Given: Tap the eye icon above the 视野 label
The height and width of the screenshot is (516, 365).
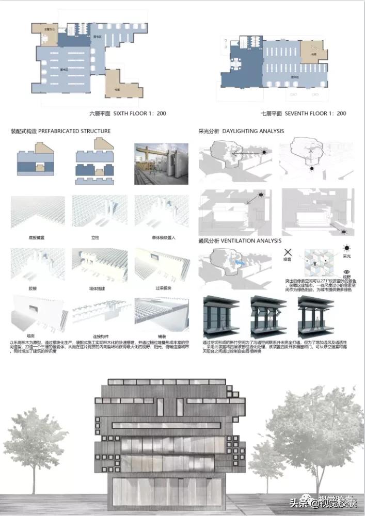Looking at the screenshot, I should pyautogui.click(x=346, y=271).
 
